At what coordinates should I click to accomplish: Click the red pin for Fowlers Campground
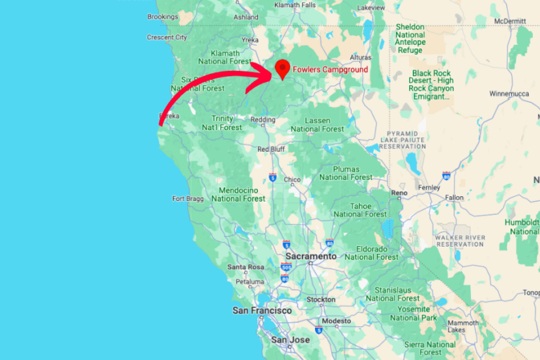tap(283, 68)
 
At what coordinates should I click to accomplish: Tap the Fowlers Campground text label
tap(330, 70)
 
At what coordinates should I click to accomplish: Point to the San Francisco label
tap(262, 310)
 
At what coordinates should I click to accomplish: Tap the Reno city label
tap(399, 193)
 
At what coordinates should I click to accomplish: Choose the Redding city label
tap(263, 120)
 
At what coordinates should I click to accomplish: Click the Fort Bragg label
tap(188, 199)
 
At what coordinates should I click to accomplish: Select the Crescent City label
tap(167, 37)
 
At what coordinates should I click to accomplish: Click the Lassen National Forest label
tap(317, 125)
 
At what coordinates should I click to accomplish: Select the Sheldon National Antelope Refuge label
tap(410, 38)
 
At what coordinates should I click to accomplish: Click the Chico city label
tap(291, 180)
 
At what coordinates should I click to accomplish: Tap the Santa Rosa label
tap(245, 267)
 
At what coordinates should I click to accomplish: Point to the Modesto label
tap(336, 321)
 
